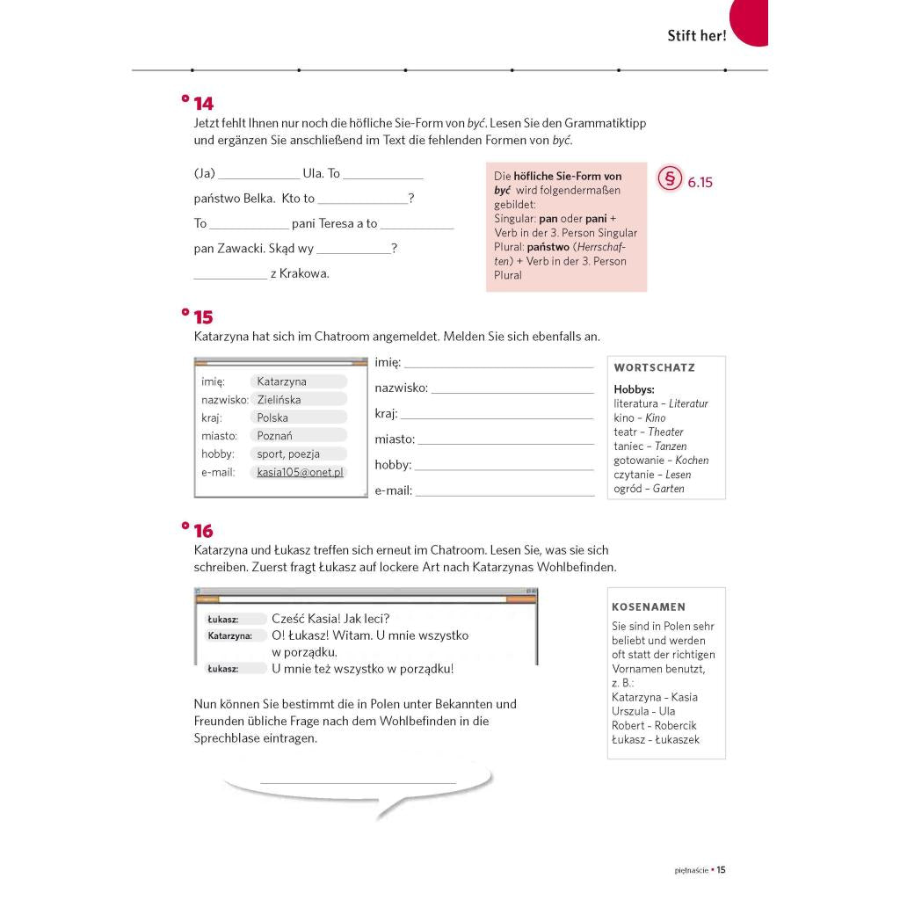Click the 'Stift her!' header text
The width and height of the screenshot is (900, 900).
(696, 36)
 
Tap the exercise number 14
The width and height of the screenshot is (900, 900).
(203, 104)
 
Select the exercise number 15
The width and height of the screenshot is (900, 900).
(203, 317)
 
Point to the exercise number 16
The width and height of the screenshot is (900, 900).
(203, 531)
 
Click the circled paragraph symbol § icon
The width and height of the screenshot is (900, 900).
(670, 179)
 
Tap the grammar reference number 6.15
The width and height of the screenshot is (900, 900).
(700, 183)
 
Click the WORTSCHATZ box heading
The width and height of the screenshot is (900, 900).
(654, 368)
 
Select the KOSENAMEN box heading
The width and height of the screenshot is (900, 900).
(649, 606)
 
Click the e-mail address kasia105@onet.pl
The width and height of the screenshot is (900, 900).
(299, 472)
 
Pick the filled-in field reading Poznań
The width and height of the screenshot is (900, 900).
(275, 435)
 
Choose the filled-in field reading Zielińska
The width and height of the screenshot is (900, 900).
(279, 399)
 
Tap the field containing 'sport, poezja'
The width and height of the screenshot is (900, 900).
(288, 454)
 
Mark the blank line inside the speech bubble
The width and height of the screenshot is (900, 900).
(358, 780)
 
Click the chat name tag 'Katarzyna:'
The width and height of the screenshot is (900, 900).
(230, 635)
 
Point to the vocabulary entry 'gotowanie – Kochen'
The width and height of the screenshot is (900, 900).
(661, 461)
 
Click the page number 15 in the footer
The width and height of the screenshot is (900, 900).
(721, 870)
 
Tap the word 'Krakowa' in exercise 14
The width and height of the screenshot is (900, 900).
(303, 273)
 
